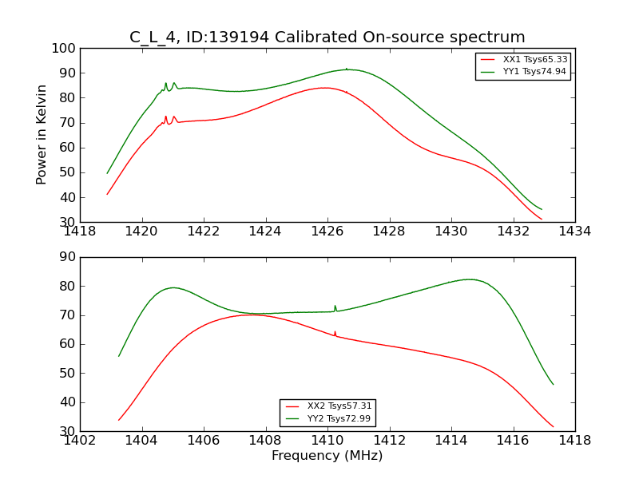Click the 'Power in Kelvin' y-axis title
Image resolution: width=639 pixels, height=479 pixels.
[x=42, y=134]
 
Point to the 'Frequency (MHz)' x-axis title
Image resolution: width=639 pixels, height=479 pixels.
[x=327, y=456]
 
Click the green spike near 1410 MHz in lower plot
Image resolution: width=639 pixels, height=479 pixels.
[x=335, y=307]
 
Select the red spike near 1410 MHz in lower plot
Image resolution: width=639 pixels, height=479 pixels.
[x=335, y=332]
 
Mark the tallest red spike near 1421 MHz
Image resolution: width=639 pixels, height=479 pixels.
[x=166, y=117]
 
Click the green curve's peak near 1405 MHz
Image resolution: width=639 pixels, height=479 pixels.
[x=173, y=287]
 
